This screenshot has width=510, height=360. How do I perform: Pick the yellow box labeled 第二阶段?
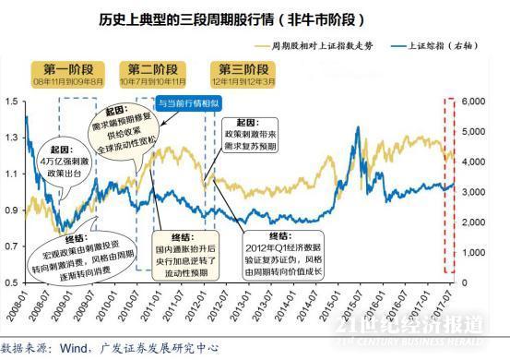click(x=153, y=69)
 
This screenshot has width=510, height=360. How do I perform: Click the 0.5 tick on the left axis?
click(x=10, y=282)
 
